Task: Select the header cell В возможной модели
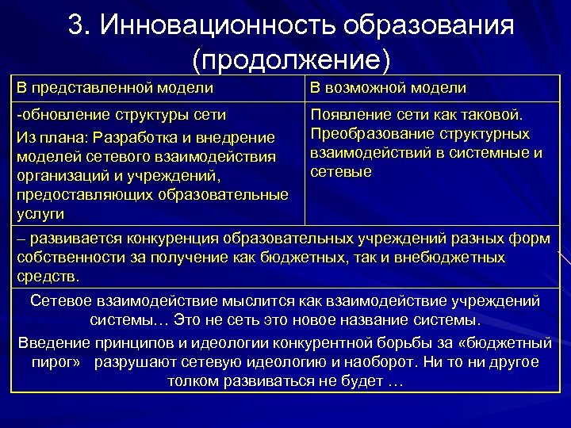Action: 388,87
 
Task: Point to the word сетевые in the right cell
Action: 341,171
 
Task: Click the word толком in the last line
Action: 191,381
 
